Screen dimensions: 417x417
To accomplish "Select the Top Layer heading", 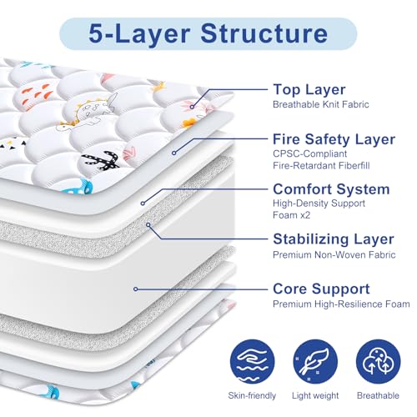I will [x=309, y=90].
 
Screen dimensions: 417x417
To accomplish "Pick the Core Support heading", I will [x=321, y=288].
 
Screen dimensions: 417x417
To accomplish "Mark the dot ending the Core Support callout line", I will [x=136, y=289].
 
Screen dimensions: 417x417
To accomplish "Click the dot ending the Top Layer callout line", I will [x=192, y=106].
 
